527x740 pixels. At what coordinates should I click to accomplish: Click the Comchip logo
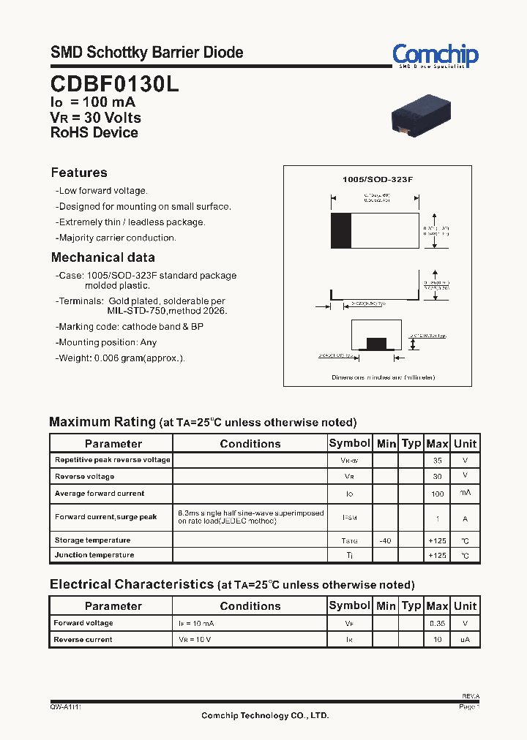tap(435, 55)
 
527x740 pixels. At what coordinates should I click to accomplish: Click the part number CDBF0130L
tap(114, 84)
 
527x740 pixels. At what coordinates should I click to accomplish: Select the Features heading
tap(79, 173)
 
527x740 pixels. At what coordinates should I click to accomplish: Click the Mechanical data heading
tap(102, 257)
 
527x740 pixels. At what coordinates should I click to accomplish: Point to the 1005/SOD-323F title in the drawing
tap(378, 179)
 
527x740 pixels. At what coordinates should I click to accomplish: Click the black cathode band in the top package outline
tap(341, 231)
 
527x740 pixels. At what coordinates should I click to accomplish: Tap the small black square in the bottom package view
tap(375, 344)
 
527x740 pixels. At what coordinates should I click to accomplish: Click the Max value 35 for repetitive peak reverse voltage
tap(438, 461)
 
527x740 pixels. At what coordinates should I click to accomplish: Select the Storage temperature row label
tap(92, 540)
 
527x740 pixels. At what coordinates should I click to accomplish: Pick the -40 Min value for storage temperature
tap(386, 540)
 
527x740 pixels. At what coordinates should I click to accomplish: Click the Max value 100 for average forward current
tap(438, 494)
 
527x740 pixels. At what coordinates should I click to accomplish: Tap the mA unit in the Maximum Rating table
tap(465, 494)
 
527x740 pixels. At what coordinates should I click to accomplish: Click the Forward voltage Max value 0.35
tap(438, 624)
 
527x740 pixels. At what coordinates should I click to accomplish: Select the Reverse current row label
tap(83, 640)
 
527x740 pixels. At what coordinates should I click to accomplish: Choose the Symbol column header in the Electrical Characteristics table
tap(350, 605)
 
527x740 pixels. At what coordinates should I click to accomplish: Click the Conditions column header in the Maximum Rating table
tap(250, 443)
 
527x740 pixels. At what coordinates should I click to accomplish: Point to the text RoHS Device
tap(94, 133)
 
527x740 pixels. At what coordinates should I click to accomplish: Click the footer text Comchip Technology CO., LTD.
tap(265, 715)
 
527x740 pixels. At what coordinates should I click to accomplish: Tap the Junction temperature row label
tap(94, 555)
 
